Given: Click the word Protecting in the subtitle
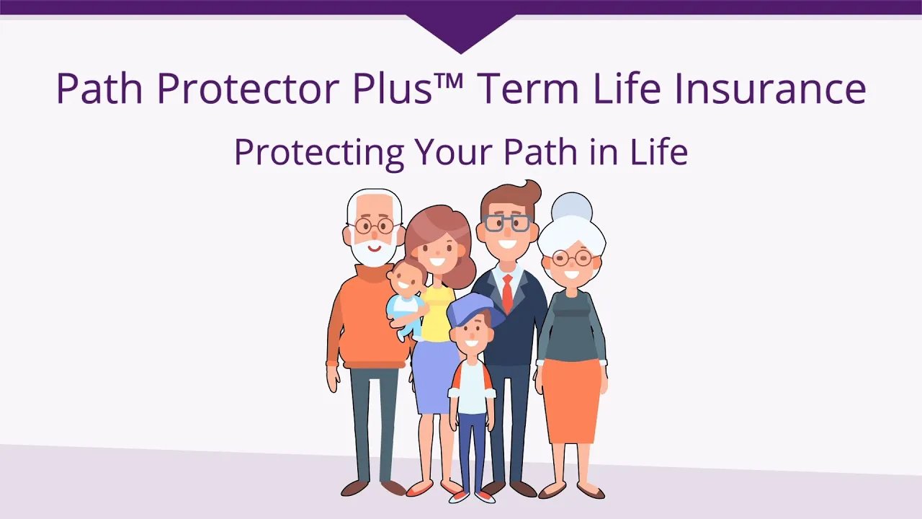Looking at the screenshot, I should (x=318, y=154).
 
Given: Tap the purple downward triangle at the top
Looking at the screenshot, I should (x=461, y=32).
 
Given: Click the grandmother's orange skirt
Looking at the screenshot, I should (x=571, y=400).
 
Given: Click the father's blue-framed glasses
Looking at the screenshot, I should (x=507, y=223).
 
